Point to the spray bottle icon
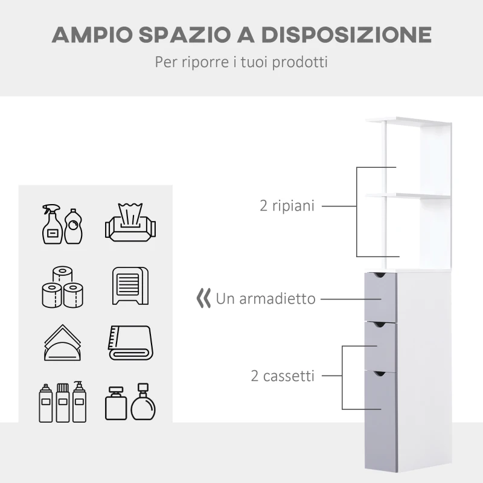click(x=52, y=223)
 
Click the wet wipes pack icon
click(x=130, y=223)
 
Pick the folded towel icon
click(x=130, y=343)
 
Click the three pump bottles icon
click(x=62, y=401)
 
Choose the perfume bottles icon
click(x=130, y=401)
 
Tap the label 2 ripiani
click(x=287, y=206)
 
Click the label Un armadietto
click(x=266, y=298)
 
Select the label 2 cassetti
click(x=283, y=376)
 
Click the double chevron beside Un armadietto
click(x=204, y=298)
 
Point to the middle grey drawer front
click(x=379, y=346)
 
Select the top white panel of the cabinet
click(x=409, y=121)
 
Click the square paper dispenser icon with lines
click(x=130, y=286)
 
